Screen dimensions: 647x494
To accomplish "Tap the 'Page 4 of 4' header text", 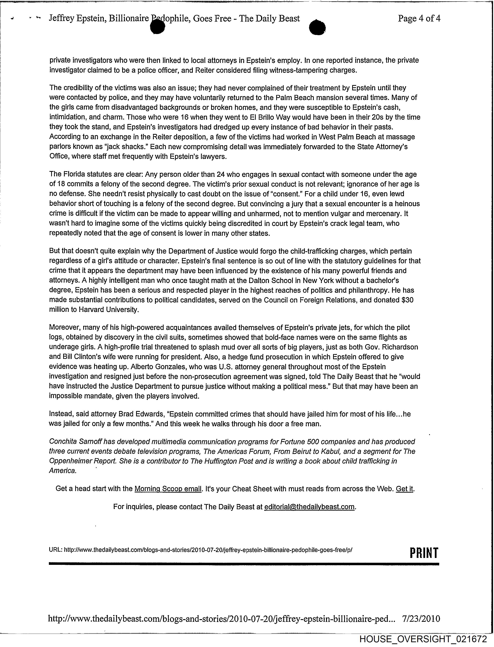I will [419, 19].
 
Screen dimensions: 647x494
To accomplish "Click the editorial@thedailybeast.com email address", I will [310, 507].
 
